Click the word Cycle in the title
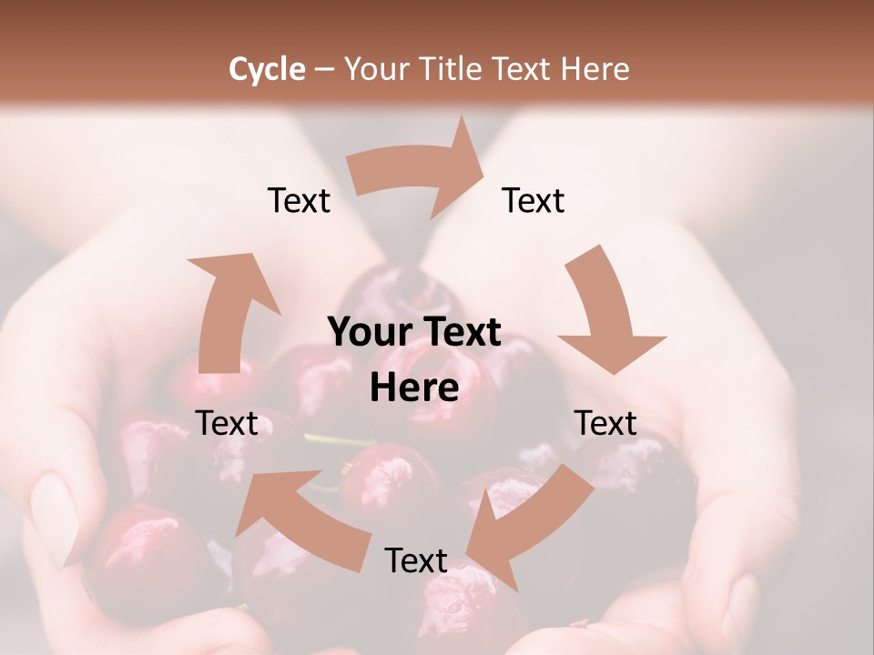coord(267,69)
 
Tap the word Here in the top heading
coord(596,69)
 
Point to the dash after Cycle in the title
coord(323,70)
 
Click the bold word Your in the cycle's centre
coord(361,333)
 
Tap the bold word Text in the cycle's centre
coord(460,333)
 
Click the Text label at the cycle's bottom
coord(416,560)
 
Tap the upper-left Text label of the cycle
coord(299,200)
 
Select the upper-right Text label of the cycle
coord(534,200)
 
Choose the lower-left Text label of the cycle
coord(227,423)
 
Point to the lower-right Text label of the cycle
coord(605,423)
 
